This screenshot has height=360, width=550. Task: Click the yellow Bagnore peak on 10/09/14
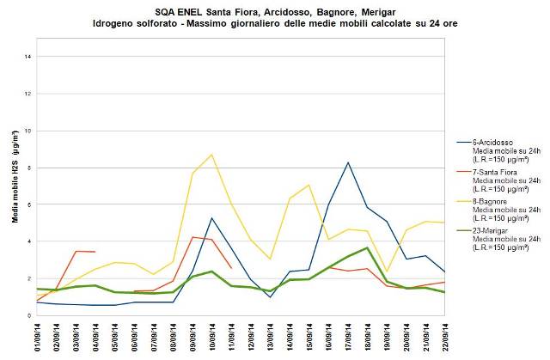point(212,155)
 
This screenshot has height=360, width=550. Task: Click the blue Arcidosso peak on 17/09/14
point(348,162)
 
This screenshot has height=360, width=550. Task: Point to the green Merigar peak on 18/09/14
point(367,248)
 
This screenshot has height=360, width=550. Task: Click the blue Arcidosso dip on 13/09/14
point(270,297)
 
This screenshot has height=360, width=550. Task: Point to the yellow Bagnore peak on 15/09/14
point(309,185)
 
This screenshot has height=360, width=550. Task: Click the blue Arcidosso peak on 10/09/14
point(212,218)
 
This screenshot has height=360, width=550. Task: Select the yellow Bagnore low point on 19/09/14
point(386,272)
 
